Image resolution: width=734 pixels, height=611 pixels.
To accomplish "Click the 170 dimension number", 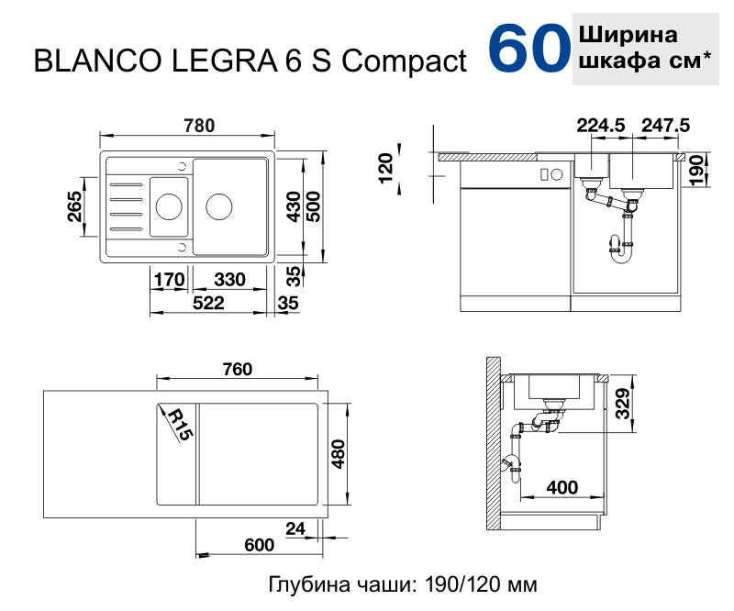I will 170,279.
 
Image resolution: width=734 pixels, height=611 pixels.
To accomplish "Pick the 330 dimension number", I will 228,279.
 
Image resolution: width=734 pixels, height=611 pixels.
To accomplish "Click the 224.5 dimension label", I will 601,126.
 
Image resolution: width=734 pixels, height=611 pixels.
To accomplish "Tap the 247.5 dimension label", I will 665,126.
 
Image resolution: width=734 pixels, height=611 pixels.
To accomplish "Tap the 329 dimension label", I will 621,402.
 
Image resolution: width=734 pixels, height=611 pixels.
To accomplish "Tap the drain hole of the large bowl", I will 220,206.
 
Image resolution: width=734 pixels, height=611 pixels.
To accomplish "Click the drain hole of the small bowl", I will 168,206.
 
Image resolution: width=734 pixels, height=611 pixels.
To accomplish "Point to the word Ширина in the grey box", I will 628,36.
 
